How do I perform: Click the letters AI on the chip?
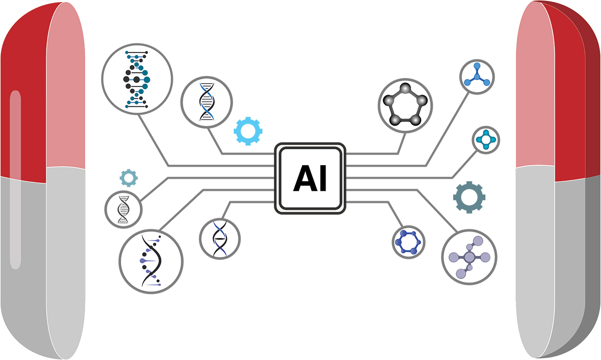point(310,179)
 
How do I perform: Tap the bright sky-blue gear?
point(248,131)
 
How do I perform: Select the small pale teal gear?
point(129,177)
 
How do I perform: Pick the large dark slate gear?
point(469,197)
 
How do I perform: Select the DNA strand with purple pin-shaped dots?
point(151,261)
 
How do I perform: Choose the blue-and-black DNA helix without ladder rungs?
point(219,238)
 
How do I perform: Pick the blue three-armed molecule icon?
point(477,77)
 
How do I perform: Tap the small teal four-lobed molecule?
point(486,140)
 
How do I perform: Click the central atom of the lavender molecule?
point(469,257)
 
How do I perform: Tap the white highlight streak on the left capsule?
point(16,180)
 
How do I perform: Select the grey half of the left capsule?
point(40,260)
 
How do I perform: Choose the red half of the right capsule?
point(556,90)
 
